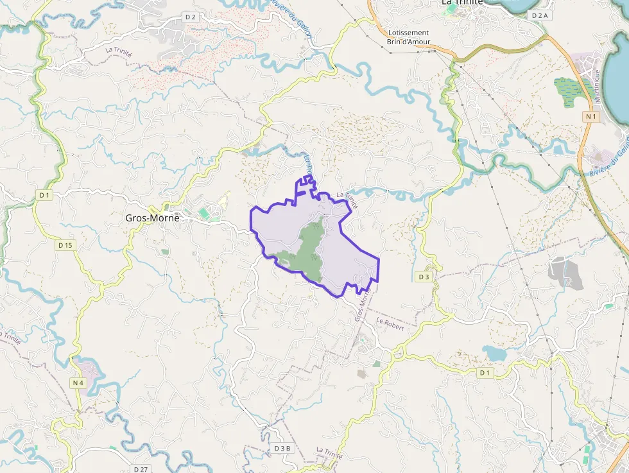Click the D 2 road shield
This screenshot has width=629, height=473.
tap(190, 17)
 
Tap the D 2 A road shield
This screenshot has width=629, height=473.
tap(540, 15)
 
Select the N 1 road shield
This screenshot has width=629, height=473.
tap(592, 116)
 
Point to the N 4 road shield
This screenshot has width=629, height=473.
tap(78, 383)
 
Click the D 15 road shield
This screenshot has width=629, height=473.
tap(65, 245)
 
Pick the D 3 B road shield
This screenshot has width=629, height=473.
tap(282, 448)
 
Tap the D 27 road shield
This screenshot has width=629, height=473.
tap(141, 469)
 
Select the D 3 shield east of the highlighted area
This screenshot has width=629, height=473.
tap(423, 277)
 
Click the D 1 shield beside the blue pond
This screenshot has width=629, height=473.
tap(485, 373)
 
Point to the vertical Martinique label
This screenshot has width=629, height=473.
tap(596, 87)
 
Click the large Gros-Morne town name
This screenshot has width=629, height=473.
tap(152, 218)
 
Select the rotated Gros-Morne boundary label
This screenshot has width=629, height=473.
tap(363, 305)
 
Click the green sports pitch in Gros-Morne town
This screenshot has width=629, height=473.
tap(204, 212)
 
